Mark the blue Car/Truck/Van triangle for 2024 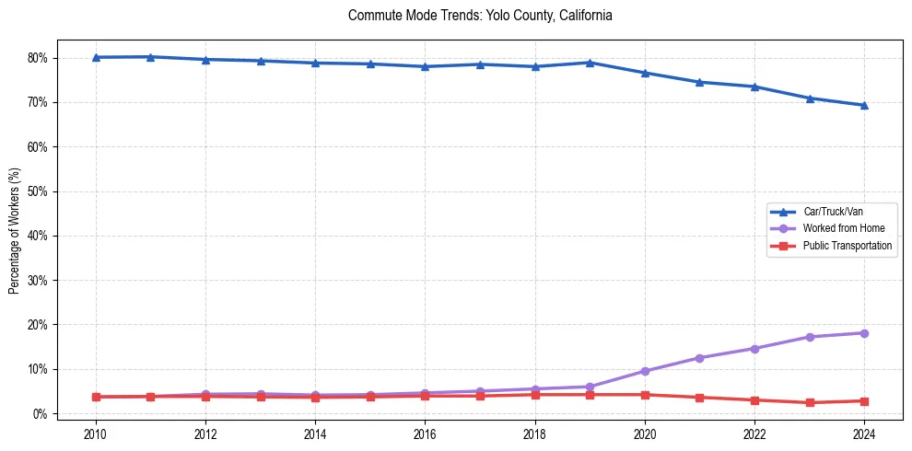(864, 105)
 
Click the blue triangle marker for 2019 (590, 63)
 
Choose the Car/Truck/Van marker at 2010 (95, 57)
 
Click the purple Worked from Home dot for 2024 (864, 333)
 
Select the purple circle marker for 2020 (645, 371)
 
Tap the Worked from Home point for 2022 (754, 349)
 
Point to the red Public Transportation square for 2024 (864, 401)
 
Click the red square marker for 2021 (699, 398)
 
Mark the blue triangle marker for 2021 (699, 82)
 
